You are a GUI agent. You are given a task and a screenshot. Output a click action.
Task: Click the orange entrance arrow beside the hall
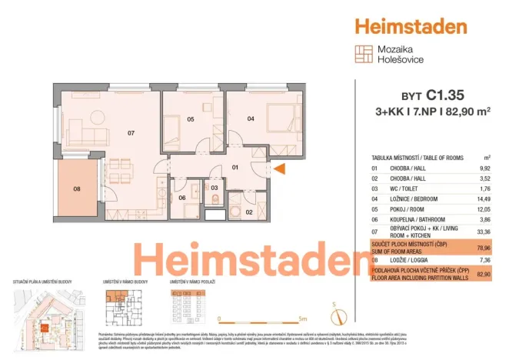(280, 168)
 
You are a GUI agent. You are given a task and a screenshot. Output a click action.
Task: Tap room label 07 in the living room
(131, 133)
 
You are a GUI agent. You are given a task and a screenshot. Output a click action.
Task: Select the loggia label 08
(77, 188)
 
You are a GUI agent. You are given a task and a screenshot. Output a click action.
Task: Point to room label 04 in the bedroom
(251, 118)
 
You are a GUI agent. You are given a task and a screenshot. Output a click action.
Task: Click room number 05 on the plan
(190, 119)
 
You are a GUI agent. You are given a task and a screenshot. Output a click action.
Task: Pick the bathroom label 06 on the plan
(181, 198)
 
